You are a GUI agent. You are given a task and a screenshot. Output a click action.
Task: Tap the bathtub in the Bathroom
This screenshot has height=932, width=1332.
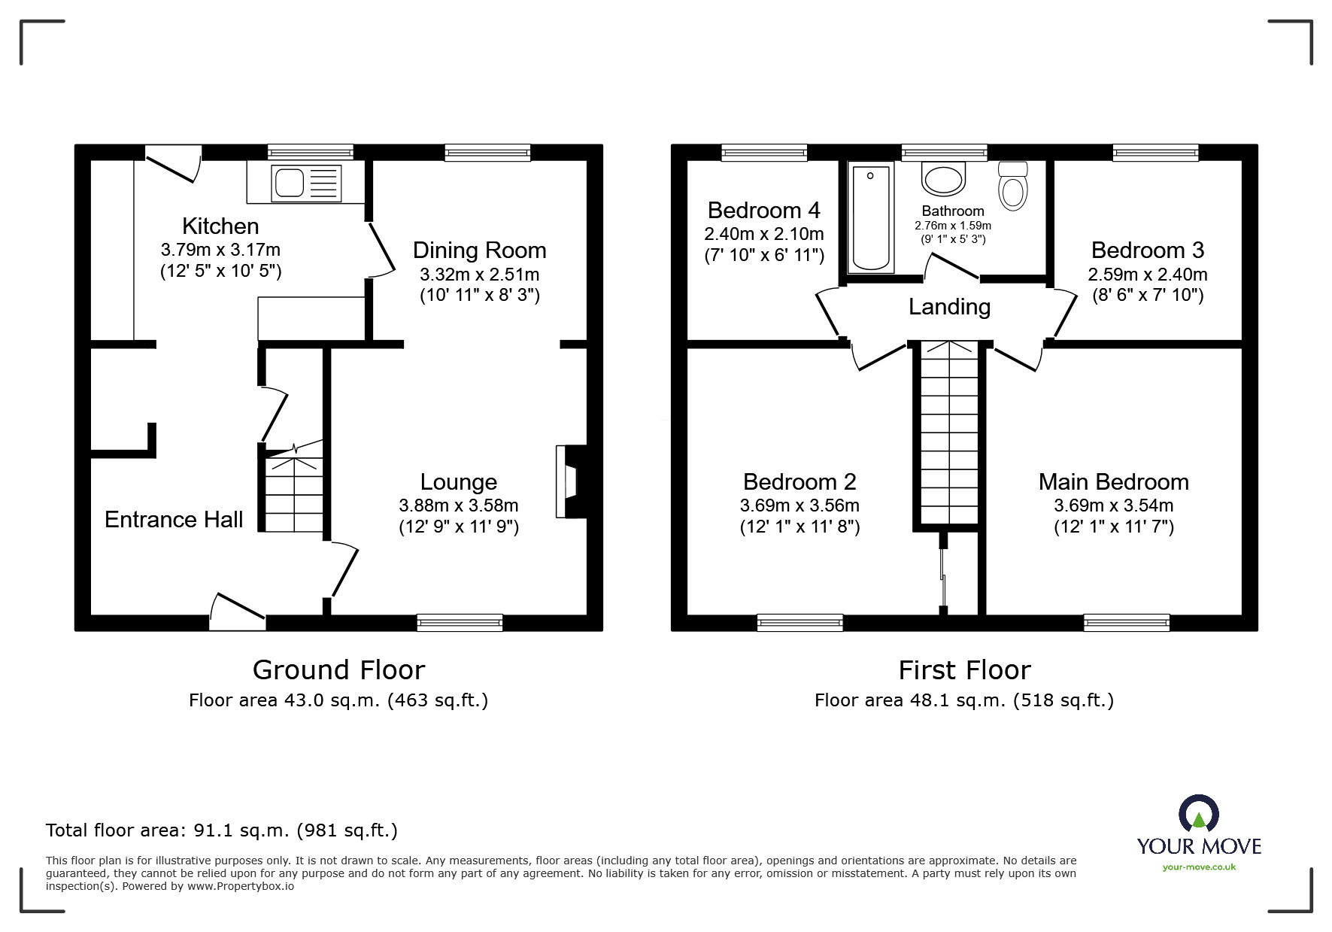871,218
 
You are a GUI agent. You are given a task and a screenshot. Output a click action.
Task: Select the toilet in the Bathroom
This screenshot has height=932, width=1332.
1013,187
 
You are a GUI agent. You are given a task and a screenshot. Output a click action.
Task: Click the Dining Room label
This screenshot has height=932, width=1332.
479,250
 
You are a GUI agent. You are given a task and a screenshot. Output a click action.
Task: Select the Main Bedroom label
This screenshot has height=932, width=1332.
1113,481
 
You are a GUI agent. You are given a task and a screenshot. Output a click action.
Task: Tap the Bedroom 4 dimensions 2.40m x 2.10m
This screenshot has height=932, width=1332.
763,234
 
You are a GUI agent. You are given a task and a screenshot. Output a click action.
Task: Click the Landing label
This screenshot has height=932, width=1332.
949,307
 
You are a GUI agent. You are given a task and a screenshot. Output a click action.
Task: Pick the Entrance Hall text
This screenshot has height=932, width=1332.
174,519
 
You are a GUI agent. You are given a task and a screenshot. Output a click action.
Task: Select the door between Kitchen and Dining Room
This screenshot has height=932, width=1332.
381,249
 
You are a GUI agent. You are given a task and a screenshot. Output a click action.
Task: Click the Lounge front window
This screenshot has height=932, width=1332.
460,622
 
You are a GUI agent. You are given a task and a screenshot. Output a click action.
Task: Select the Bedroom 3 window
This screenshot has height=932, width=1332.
1155,153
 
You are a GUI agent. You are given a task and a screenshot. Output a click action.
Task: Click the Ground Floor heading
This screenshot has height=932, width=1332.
338,669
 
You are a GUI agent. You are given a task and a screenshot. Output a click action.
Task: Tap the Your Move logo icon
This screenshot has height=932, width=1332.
1198,815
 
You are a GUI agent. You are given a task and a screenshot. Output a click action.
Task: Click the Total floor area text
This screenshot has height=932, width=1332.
222,830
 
